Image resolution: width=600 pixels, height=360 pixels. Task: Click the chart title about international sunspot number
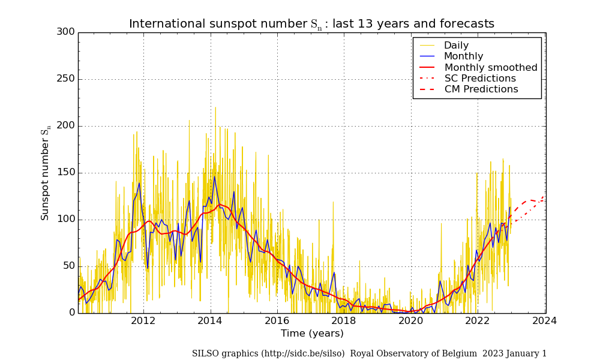click(x=311, y=24)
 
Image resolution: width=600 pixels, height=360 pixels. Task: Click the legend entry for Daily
click(x=456, y=46)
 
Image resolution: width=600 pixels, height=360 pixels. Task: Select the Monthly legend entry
click(x=463, y=56)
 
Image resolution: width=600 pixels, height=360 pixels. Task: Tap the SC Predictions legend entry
click(x=480, y=79)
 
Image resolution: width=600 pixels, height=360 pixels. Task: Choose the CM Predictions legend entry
click(x=481, y=89)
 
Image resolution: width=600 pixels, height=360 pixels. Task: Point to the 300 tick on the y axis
click(x=65, y=32)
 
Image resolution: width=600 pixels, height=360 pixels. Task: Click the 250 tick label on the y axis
click(x=65, y=79)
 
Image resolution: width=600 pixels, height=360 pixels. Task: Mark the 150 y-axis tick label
click(x=65, y=172)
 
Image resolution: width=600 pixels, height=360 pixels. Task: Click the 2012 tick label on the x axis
click(x=143, y=321)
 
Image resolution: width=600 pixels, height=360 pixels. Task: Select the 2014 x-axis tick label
click(x=210, y=321)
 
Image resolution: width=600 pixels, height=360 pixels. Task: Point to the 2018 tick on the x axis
click(x=344, y=321)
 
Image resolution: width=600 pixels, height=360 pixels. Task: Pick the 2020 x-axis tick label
click(x=411, y=321)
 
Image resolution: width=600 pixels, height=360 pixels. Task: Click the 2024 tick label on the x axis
click(x=545, y=321)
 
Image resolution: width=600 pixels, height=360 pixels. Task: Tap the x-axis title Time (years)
click(x=312, y=334)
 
